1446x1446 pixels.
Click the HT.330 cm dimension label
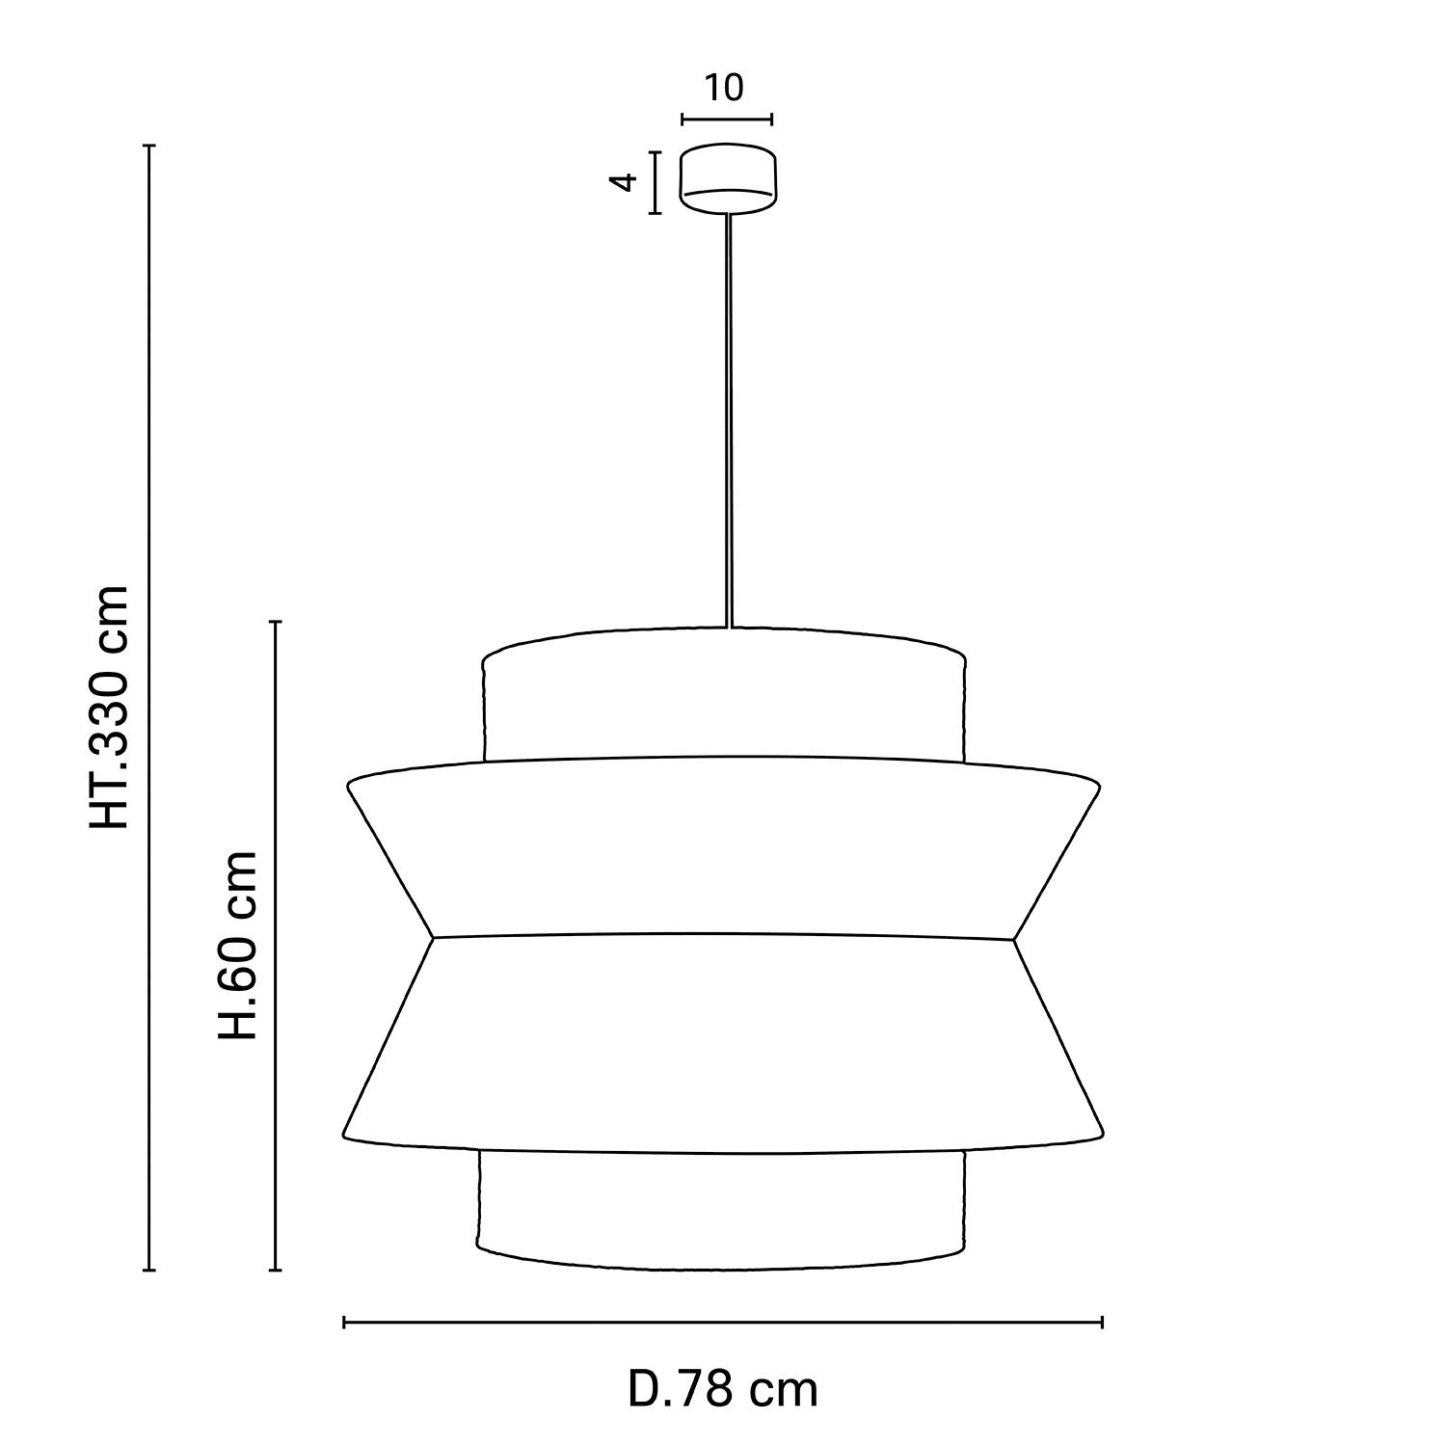108,707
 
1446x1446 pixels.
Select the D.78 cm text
723,1389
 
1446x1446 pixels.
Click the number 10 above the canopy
724,88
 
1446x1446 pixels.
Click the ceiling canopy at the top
727,176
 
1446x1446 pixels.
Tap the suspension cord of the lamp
729,419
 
